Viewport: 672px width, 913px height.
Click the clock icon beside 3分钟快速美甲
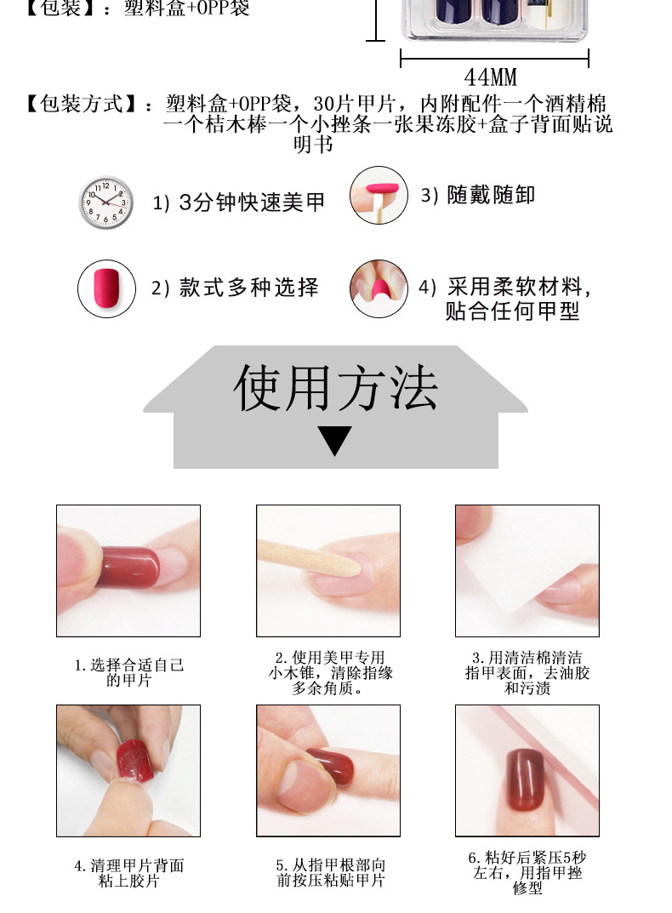[x=106, y=203]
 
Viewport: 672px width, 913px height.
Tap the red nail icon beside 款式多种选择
[x=107, y=288]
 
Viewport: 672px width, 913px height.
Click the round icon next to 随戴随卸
[x=379, y=195]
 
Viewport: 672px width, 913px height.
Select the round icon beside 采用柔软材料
[x=379, y=288]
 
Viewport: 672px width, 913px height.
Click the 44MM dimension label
[x=491, y=78]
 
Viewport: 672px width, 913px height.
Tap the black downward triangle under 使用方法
[x=334, y=441]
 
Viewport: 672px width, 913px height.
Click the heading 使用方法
[x=335, y=390]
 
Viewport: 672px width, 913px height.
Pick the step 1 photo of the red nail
[x=128, y=570]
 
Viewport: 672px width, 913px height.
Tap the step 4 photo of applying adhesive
[x=128, y=769]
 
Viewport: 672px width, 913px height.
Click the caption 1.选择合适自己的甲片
[x=128, y=672]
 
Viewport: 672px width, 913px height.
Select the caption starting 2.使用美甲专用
[x=328, y=672]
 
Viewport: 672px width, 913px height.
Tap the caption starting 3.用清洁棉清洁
[x=527, y=672]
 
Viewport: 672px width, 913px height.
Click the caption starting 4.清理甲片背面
[x=128, y=873]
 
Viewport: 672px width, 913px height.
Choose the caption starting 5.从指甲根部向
[x=330, y=873]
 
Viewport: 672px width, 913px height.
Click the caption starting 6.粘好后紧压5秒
[x=527, y=872]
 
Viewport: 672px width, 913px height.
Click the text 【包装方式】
[x=81, y=105]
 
